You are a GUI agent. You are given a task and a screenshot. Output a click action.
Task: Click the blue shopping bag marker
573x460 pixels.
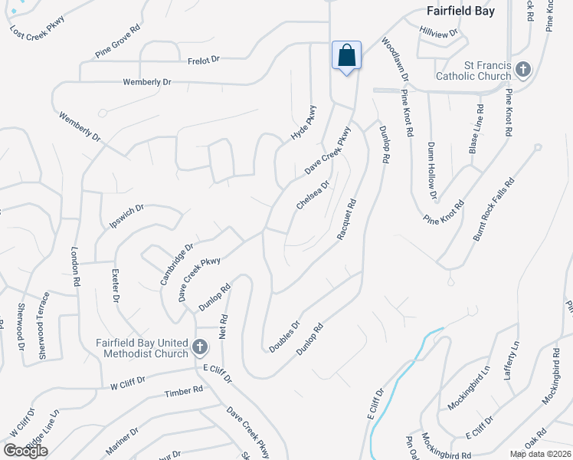346,57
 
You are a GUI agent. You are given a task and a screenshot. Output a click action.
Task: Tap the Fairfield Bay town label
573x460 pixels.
460,11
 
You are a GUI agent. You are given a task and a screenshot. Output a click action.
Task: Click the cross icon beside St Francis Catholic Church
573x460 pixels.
523,71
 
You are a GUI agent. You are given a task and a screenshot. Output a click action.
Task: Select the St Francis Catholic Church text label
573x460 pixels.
473,71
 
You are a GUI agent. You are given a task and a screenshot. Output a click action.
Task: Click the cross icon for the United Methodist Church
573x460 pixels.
199,348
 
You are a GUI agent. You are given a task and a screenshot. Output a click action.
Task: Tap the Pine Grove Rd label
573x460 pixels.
118,41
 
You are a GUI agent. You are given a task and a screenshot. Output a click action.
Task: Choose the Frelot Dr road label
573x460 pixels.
204,58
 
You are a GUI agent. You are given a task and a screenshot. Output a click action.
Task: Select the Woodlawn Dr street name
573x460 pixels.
395,61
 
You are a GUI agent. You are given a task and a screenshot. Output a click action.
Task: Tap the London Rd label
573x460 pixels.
76,266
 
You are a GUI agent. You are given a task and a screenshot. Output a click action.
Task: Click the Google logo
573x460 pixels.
26,451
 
